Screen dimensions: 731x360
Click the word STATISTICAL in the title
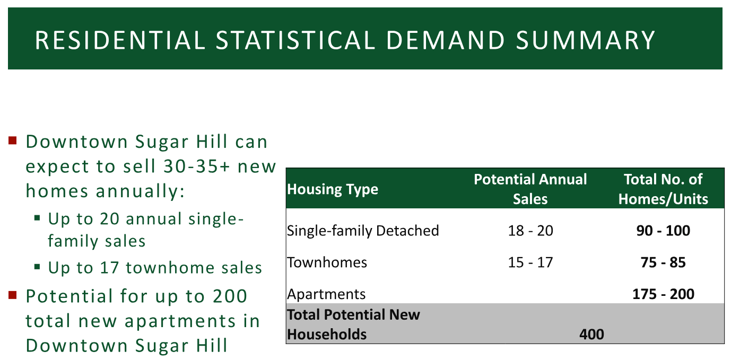pos(295,40)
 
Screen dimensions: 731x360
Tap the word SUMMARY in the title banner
pos(586,40)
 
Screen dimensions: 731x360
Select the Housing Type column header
pos(333,189)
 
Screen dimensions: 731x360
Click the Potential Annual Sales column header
pos(530,189)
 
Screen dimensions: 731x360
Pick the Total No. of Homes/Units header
pos(663,189)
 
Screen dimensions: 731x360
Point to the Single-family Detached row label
pos(363,231)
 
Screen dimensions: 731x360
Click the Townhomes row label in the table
pos(327,262)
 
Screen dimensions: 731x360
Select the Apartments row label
pos(326,294)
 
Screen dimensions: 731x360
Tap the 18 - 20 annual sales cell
pos(530,231)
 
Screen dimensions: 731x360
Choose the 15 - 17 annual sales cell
pos(530,262)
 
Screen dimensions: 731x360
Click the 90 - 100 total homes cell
pos(663,231)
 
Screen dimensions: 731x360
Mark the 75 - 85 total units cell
pos(663,262)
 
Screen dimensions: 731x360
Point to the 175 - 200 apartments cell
pos(663,294)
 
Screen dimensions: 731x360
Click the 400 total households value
pos(591,335)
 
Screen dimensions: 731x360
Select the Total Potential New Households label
pos(353,324)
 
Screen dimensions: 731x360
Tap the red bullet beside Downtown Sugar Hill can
pos(12,141)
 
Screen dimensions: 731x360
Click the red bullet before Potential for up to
pos(12,295)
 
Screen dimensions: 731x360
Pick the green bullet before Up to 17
pos(37,267)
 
